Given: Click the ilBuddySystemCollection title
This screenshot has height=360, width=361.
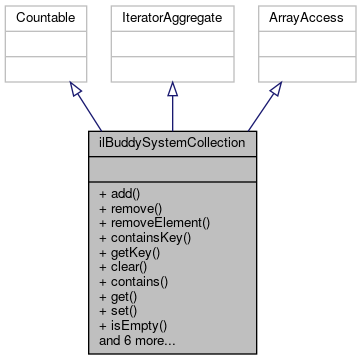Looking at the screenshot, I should [172, 142].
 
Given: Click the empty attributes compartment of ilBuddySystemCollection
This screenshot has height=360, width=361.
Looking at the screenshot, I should [172, 165].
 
